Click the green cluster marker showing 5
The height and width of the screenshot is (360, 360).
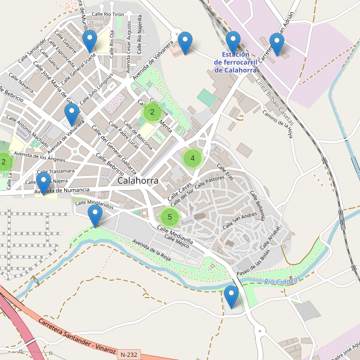click(170, 217)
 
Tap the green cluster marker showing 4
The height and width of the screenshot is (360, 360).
click(193, 158)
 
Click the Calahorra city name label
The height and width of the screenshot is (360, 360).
click(138, 180)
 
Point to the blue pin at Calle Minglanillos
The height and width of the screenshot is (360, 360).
click(95, 215)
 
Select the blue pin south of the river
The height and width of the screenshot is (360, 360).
click(231, 296)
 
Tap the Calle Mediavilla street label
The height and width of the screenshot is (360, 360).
click(175, 234)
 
